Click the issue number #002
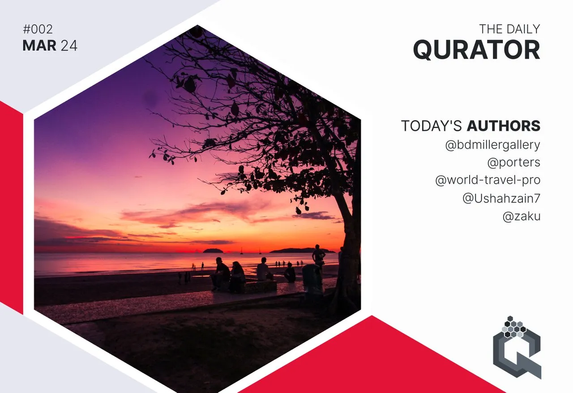click(38, 29)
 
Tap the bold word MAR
click(39, 46)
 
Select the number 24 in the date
click(69, 46)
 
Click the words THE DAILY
click(509, 29)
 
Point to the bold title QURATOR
click(477, 50)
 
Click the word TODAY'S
click(431, 126)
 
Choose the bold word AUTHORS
click(504, 126)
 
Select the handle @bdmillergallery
click(493, 145)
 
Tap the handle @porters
click(513, 162)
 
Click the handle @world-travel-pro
click(488, 180)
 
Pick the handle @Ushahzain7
click(501, 198)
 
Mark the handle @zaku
click(522, 217)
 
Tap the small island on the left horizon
click(213, 251)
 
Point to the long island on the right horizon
click(302, 250)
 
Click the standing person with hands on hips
click(318, 256)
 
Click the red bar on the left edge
click(12, 207)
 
